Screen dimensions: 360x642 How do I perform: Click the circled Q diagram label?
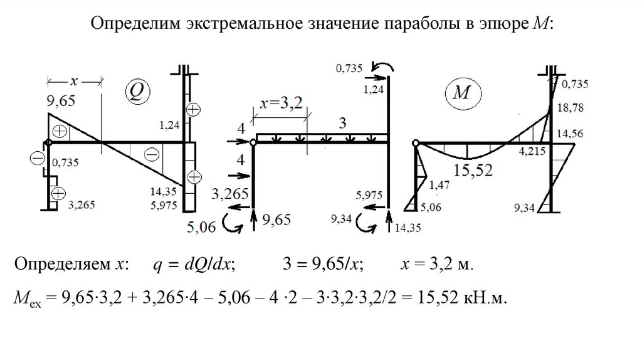pyautogui.click(x=136, y=91)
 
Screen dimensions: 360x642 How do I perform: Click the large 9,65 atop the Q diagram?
pyautogui.click(x=61, y=100)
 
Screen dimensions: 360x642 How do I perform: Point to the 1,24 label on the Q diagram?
pyautogui.click(x=170, y=125)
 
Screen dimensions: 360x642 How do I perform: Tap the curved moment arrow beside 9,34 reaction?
pyautogui.click(x=364, y=222)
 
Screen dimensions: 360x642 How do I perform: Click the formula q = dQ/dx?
pyautogui.click(x=194, y=265)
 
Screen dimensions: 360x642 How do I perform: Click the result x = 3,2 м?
pyautogui.click(x=437, y=265)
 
